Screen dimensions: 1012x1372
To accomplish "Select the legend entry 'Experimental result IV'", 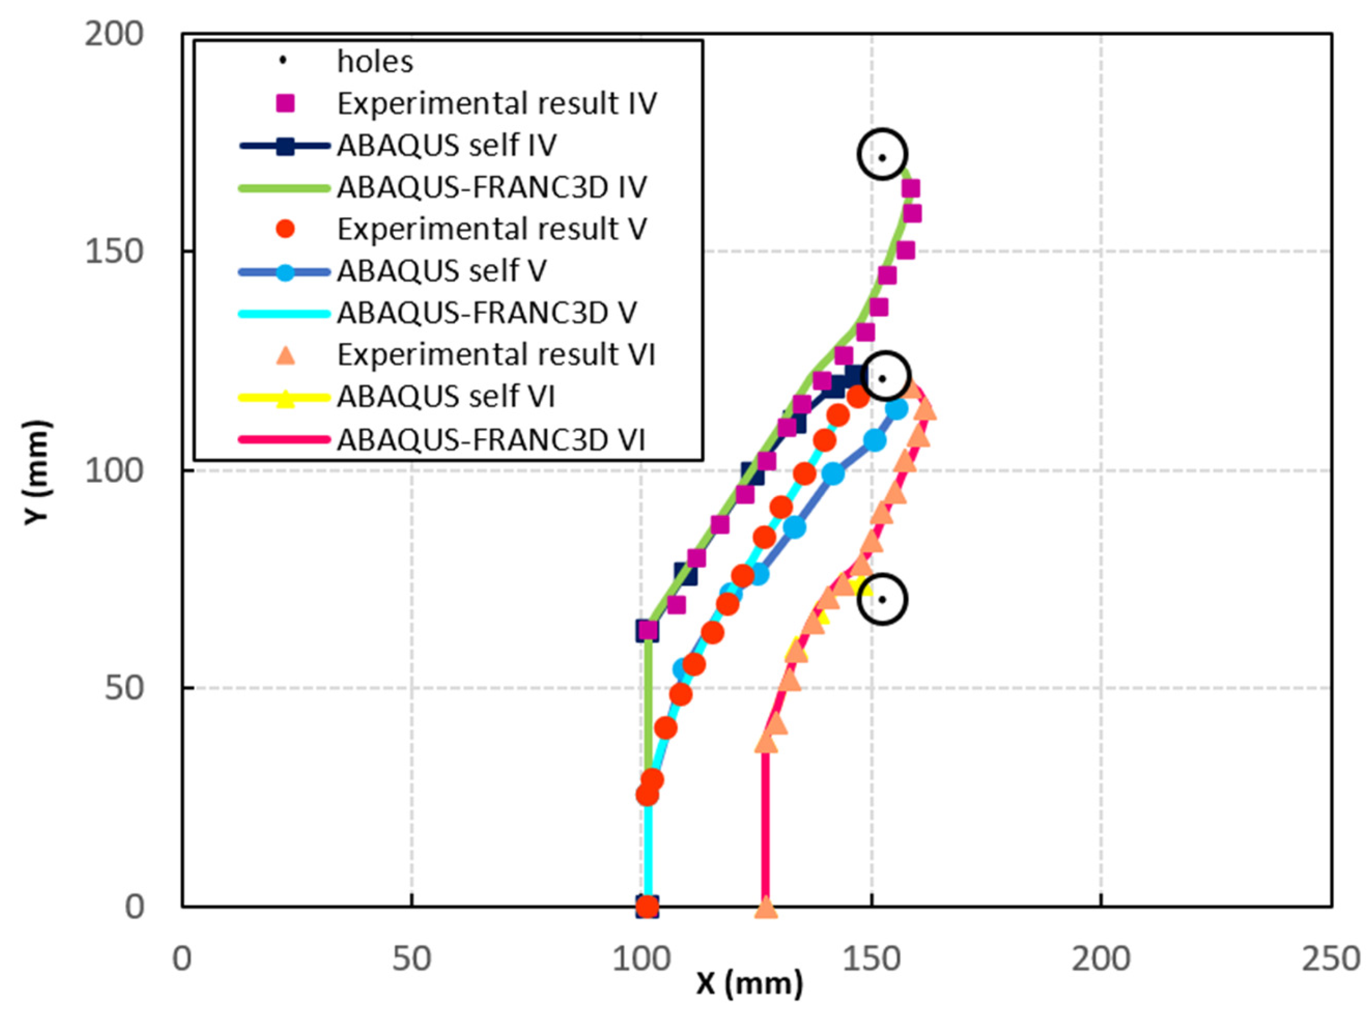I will point(497,104).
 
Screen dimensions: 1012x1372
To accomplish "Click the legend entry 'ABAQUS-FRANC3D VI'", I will point(491,439).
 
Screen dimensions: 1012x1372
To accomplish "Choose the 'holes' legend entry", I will point(375,61).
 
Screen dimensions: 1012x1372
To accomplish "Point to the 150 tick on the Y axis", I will point(114,252).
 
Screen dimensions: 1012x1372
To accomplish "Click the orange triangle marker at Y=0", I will point(765,908).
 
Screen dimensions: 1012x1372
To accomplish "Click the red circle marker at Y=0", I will point(647,906).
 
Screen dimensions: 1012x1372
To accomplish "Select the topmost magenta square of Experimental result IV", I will point(910,189).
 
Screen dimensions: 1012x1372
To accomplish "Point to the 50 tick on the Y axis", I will point(122,688).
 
